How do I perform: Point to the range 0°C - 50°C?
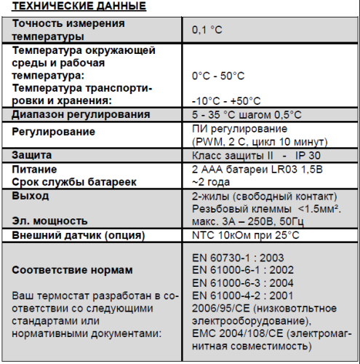pyautogui.click(x=218, y=76)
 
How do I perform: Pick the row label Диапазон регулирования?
pyautogui.click(x=81, y=114)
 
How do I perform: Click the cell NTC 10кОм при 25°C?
pyautogui.click(x=245, y=235)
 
